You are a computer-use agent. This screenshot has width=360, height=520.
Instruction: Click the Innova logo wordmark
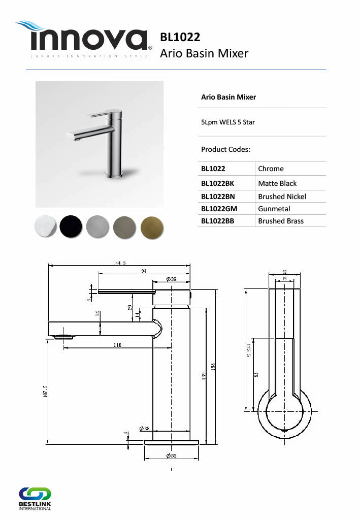tap(89, 40)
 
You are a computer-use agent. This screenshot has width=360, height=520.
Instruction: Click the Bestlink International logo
tap(35, 499)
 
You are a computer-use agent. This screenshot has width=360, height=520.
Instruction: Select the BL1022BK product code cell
tap(217, 183)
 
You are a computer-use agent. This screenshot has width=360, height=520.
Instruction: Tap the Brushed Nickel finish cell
tap(282, 197)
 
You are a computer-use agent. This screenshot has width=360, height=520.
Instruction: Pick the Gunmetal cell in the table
tap(274, 209)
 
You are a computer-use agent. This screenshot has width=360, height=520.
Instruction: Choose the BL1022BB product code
tap(217, 221)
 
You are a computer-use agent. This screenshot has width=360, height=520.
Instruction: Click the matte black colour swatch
tap(71, 226)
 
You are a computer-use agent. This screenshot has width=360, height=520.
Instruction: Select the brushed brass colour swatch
tap(152, 227)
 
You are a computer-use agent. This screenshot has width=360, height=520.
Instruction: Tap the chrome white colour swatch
tap(45, 226)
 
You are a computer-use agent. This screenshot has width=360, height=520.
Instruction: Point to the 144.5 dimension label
tap(119, 263)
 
